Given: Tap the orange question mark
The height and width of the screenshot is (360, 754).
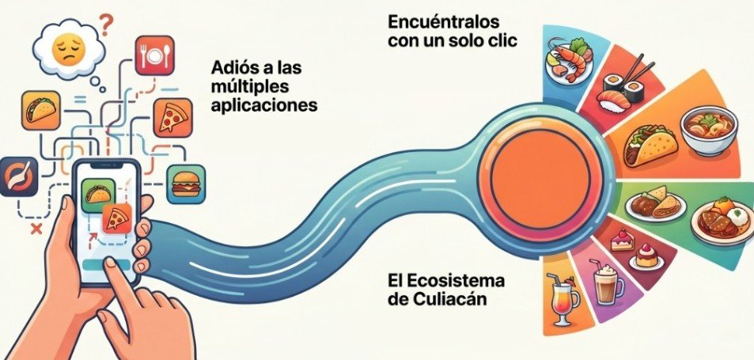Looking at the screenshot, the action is [106, 23].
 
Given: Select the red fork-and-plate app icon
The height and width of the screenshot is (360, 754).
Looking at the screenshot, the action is [154, 55].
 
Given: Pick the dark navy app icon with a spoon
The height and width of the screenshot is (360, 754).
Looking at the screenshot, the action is [19, 177].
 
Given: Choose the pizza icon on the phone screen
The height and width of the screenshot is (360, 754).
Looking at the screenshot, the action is [117, 218].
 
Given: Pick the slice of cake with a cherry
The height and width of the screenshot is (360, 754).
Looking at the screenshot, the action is [622, 240].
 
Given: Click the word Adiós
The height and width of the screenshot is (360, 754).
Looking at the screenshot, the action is [235, 68].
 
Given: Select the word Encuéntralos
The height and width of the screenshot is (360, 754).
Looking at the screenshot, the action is [444, 22].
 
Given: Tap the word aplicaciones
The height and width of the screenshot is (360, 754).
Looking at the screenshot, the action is [264, 104].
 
